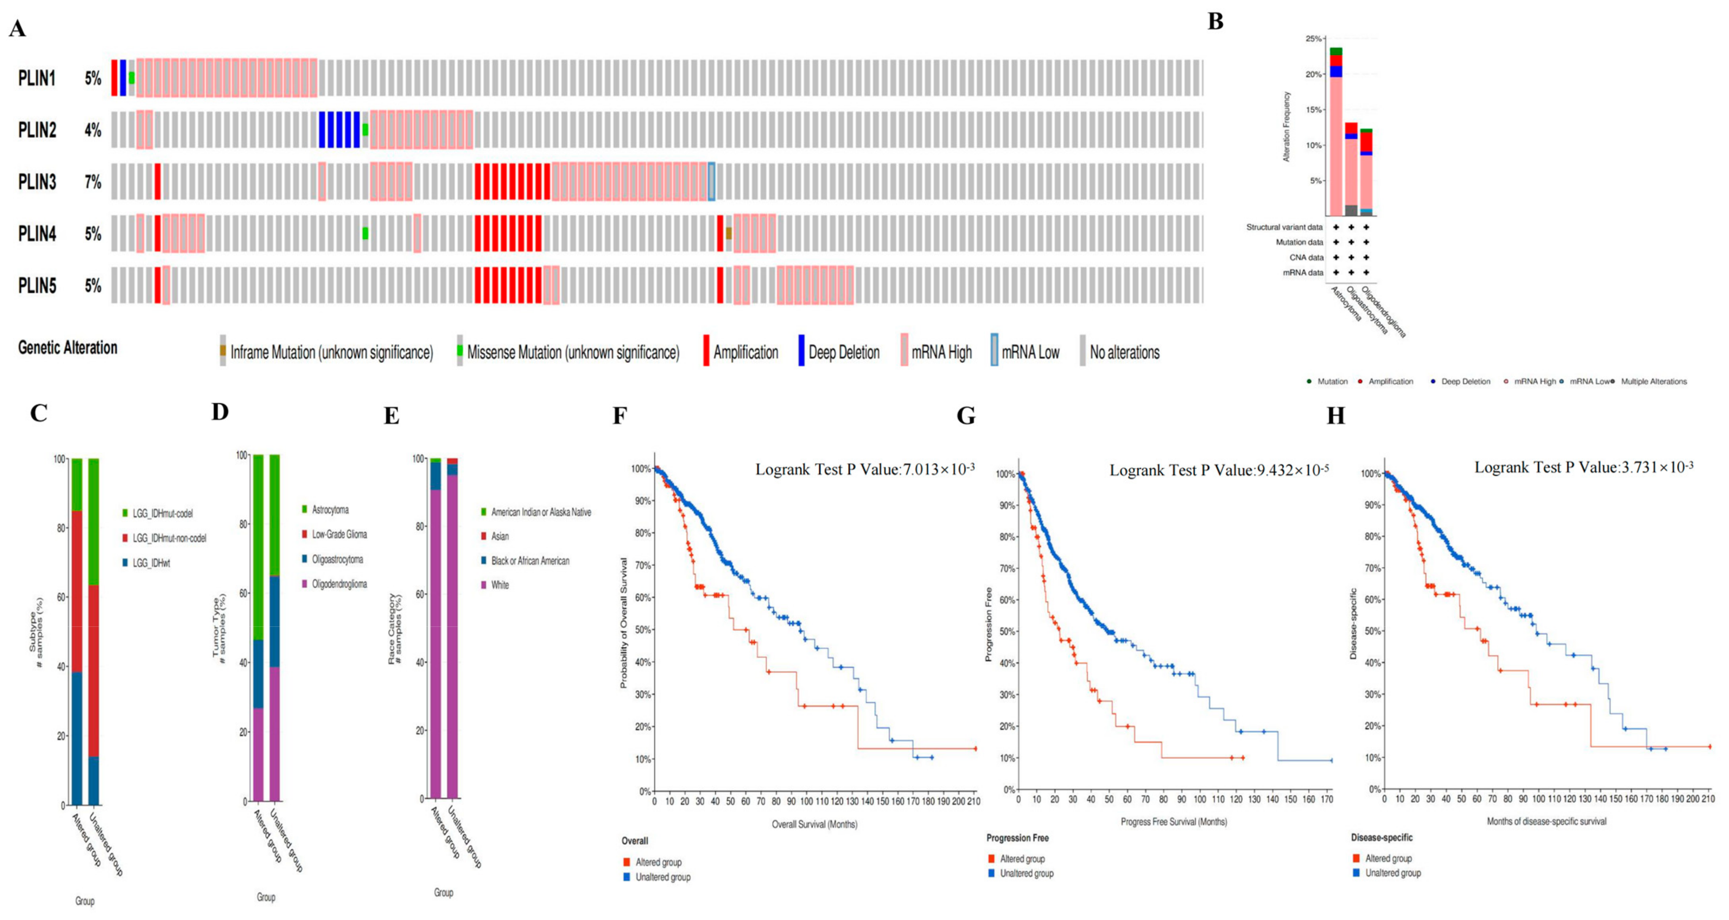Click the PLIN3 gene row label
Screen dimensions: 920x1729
37,182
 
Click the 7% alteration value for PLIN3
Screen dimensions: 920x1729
93,182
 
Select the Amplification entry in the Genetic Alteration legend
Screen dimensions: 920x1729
745,352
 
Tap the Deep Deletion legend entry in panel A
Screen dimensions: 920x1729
843,352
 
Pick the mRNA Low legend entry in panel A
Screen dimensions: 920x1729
1030,352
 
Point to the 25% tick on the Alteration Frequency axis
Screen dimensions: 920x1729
1313,39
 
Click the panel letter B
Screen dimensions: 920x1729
1215,22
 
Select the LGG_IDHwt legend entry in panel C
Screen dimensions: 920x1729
151,563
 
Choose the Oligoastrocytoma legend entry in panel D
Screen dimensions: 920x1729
337,559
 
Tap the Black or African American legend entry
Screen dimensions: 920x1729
530,561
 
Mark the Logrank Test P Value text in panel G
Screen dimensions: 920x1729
1218,470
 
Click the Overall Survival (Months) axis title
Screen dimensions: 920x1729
814,824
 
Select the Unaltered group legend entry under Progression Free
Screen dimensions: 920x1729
1026,873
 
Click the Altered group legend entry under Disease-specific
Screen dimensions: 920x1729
1388,858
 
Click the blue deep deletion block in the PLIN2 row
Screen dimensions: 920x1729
339,130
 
